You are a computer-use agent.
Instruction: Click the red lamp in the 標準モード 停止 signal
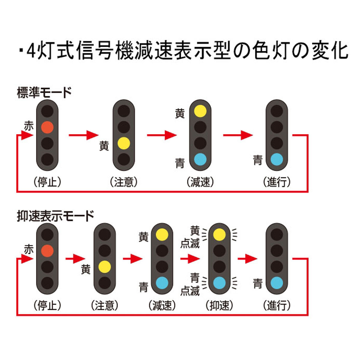pos(47,127)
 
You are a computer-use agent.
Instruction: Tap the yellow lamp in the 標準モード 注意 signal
pos(124,143)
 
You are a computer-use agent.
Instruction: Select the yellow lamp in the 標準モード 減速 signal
pos(200,111)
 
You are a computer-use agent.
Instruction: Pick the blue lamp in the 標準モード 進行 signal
pos(277,159)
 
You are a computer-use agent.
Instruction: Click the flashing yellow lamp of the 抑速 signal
pos(219,234)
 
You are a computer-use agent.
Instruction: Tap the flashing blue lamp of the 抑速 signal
pos(219,283)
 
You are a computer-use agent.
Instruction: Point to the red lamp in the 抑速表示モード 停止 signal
pos(47,250)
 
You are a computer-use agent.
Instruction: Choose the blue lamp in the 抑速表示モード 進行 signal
pos(277,283)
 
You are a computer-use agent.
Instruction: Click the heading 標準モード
pos(44,93)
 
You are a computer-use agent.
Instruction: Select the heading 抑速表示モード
pos(55,216)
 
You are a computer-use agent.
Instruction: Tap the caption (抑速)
pos(219,306)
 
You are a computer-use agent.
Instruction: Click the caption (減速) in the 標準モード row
pos(200,182)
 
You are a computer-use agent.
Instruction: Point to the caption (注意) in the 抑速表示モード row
pos(104,306)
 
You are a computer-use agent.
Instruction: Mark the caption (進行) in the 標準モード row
pos(277,182)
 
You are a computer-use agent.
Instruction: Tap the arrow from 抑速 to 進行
pos(247,259)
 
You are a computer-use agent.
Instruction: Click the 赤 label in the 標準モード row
pos(29,126)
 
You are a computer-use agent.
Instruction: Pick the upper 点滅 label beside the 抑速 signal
pos(190,244)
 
